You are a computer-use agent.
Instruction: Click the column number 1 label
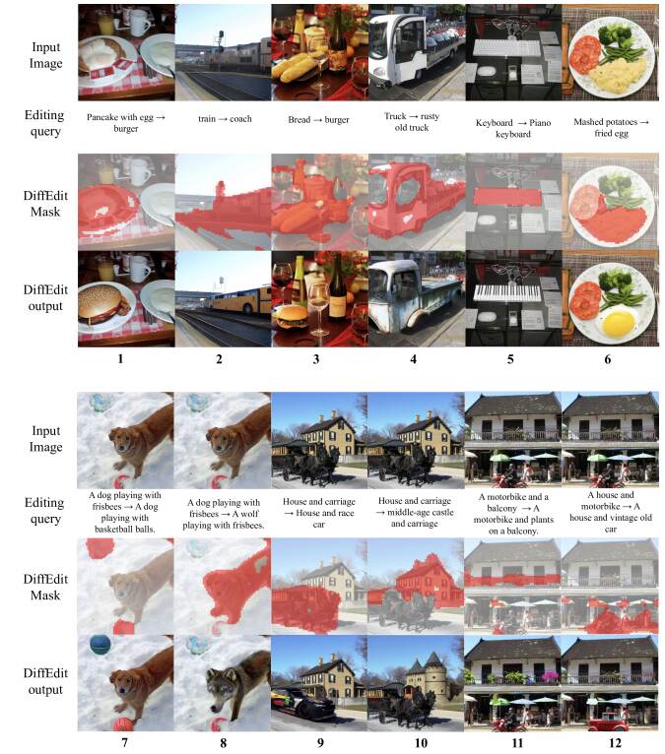click(x=120, y=360)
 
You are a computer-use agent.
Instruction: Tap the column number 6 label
click(x=608, y=360)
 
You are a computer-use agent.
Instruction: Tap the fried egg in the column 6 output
click(x=619, y=320)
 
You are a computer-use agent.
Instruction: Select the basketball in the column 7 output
click(x=100, y=645)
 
